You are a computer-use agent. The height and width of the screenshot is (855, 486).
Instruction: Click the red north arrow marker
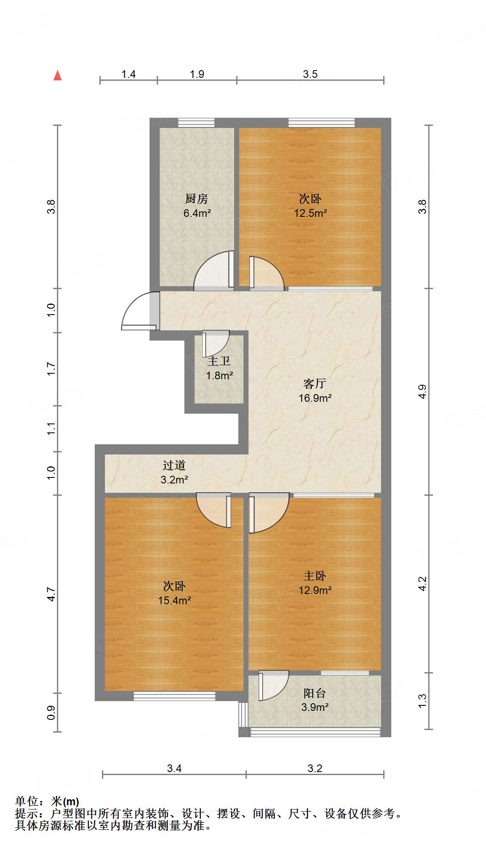coord(58,76)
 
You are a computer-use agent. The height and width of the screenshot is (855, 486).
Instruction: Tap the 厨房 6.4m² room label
coord(197,206)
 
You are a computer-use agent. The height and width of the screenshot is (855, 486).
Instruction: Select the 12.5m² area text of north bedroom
coord(311,213)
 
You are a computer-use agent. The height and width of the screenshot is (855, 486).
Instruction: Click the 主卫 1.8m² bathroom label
coord(219,368)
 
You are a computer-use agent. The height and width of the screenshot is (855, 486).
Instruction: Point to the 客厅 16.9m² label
coord(315,391)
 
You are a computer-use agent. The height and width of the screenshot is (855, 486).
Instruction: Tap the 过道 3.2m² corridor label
coord(174,472)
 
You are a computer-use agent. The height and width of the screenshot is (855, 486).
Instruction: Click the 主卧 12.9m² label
coord(315,583)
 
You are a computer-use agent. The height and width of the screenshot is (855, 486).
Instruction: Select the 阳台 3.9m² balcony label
coord(315,700)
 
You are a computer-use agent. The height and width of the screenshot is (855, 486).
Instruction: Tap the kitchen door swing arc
coord(211,272)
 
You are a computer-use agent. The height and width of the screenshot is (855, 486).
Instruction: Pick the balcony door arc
coord(274,686)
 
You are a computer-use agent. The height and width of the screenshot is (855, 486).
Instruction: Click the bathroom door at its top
coord(216,343)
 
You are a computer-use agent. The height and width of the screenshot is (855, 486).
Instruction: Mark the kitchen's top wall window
coord(196,123)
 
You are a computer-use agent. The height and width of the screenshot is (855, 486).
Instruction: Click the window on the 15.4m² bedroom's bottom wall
coord(174,696)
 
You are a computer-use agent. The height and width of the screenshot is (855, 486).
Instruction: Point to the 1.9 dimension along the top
coord(197,74)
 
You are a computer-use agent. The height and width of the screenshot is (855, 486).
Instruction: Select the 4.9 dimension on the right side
coord(422,391)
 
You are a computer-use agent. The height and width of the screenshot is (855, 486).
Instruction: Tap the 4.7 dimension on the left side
coord(51,594)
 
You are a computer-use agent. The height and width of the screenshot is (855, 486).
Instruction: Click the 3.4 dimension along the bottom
coord(174,768)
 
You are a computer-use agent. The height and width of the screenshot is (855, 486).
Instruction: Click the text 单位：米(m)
coord(47,801)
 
